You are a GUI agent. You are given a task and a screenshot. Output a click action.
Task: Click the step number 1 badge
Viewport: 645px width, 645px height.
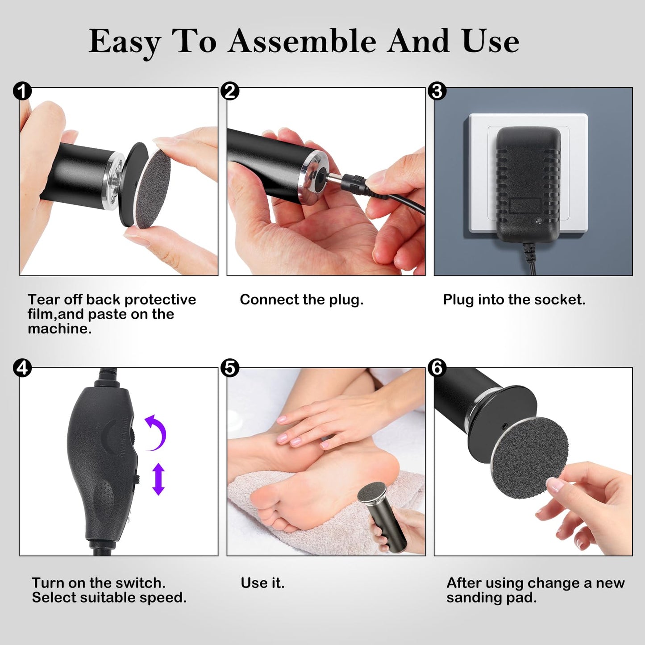coord(22,91)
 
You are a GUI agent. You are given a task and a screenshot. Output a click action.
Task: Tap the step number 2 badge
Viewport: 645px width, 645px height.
coord(230,91)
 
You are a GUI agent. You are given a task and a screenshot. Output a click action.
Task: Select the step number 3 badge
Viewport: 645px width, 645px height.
coord(437,91)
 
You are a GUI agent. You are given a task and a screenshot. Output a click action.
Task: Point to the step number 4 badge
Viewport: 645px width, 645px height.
coord(22,368)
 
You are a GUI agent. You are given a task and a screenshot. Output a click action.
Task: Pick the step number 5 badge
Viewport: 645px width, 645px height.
coord(230,368)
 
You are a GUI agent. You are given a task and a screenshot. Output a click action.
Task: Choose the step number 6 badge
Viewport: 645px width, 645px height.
coord(437,368)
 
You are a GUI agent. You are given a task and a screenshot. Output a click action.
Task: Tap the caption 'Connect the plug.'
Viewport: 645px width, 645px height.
coord(301,300)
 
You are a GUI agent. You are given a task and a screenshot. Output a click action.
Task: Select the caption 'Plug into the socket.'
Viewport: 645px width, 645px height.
coord(514,300)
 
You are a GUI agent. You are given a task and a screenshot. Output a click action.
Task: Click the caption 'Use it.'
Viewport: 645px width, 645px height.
coord(262,583)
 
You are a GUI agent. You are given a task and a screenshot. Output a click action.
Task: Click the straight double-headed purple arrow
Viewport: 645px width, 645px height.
coord(158,479)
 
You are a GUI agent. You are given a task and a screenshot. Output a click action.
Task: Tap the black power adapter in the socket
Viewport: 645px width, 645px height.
coord(528,179)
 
